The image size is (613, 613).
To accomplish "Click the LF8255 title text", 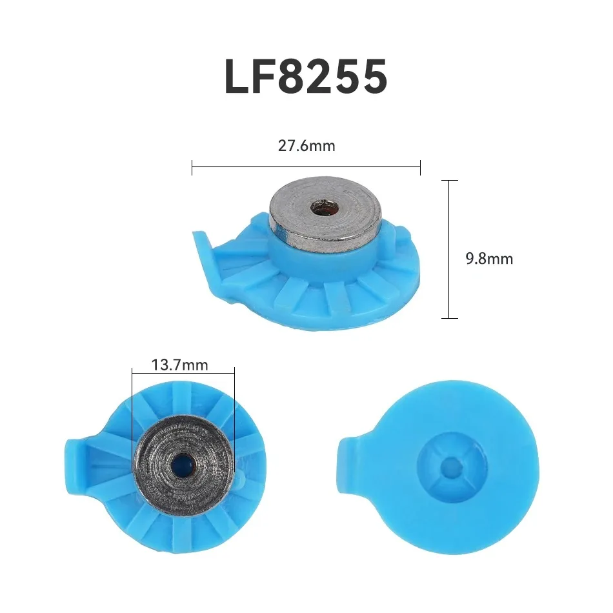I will [x=306, y=77].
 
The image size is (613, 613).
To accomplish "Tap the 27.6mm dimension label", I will [x=306, y=146].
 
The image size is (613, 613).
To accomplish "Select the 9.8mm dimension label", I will [x=489, y=259].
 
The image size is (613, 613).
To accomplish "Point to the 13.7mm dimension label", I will [x=180, y=365].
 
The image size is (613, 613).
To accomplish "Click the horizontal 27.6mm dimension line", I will [x=306, y=168].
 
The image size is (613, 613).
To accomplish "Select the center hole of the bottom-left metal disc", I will [x=184, y=462].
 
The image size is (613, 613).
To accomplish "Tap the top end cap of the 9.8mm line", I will [x=448, y=181].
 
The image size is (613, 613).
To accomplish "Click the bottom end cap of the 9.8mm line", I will [x=448, y=318].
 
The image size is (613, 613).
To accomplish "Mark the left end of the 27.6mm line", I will [x=192, y=168].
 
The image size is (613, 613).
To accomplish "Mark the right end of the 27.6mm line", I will [x=420, y=168].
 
